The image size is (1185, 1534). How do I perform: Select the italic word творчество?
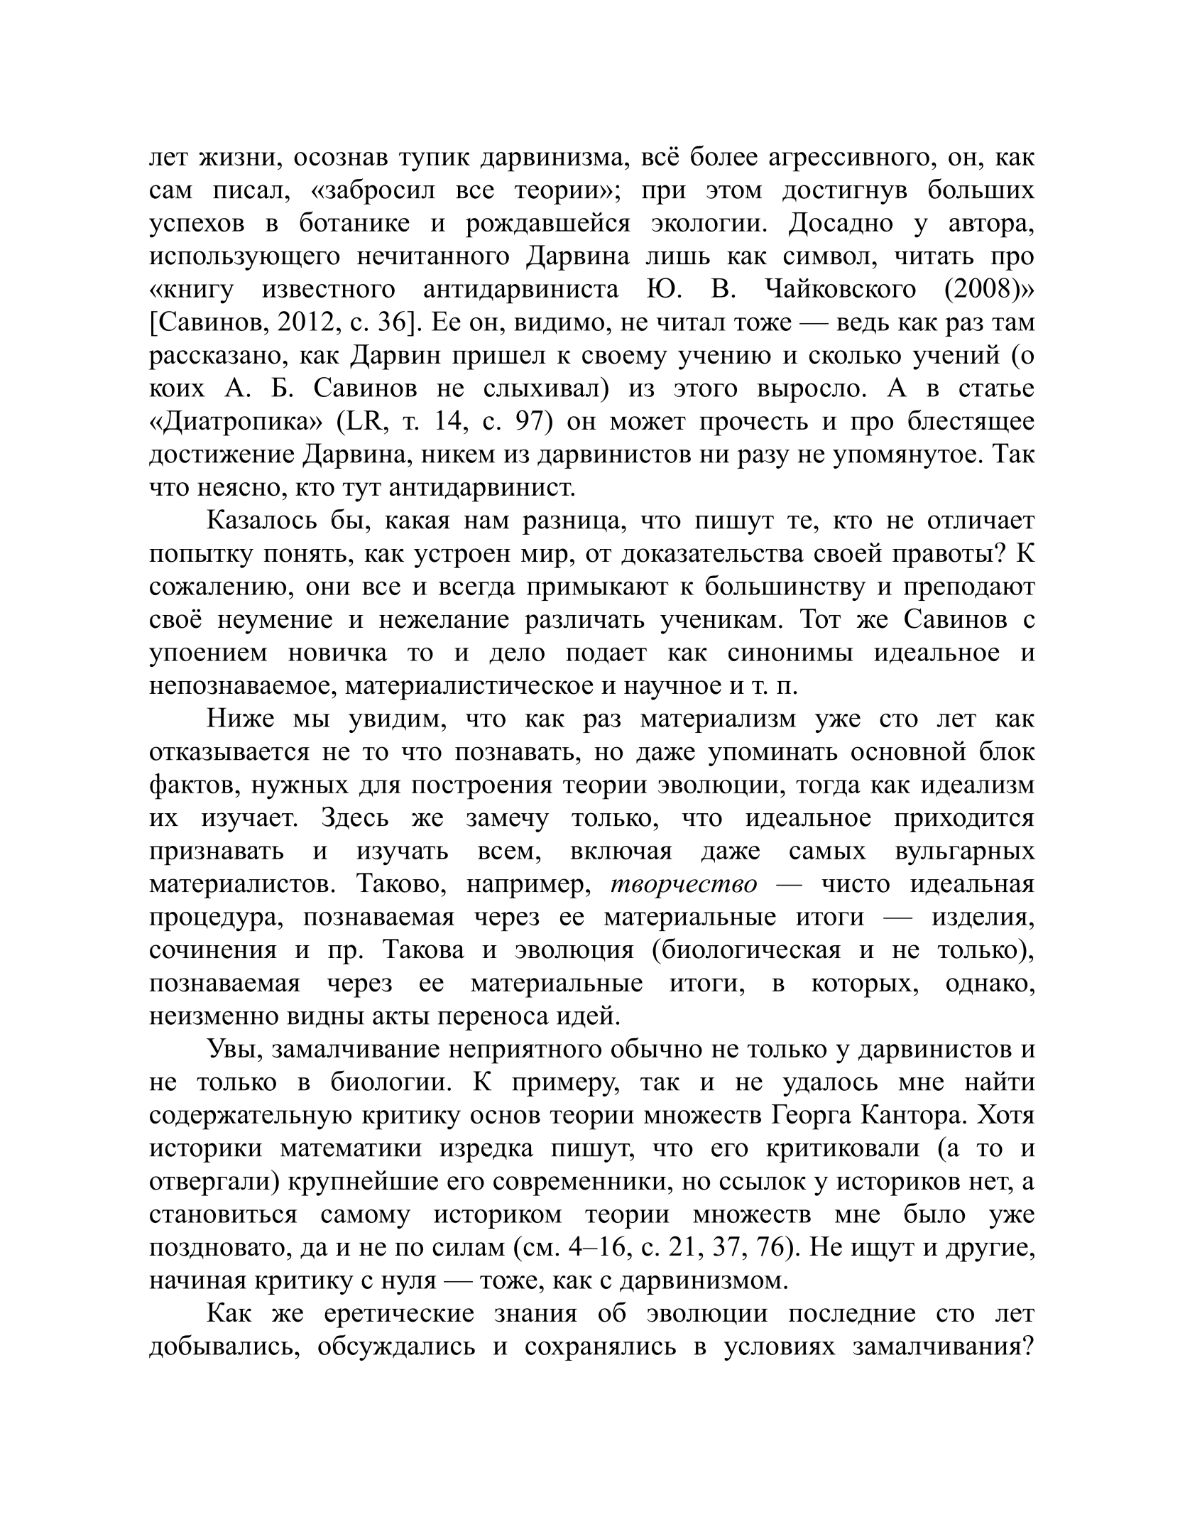click(684, 884)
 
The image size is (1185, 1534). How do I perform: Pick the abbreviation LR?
click(366, 422)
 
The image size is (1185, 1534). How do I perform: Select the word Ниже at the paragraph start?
click(240, 719)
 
